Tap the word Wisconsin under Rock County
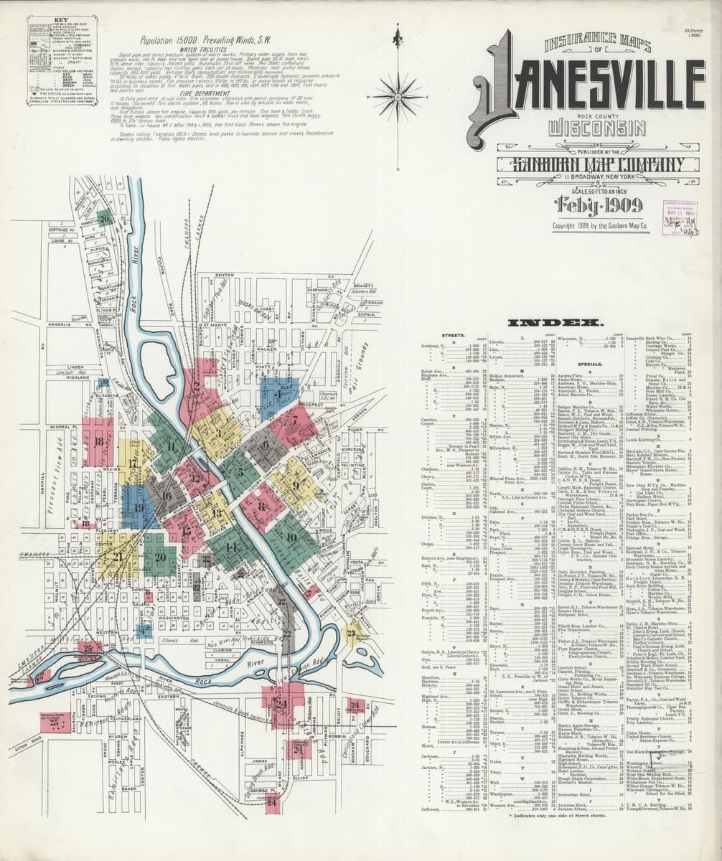[x=587, y=129]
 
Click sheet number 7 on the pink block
[x=294, y=414]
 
